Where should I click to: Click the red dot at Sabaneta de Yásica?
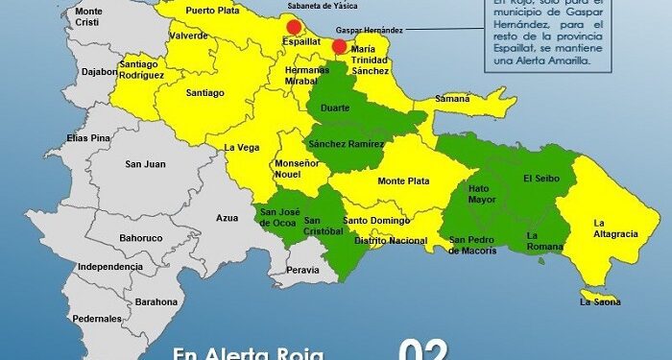(294, 27)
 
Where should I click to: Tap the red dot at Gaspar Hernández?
(339, 46)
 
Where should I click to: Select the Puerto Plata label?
(213, 11)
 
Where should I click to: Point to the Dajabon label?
(99, 71)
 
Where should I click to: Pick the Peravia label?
(303, 271)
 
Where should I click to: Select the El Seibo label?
(540, 179)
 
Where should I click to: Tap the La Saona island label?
(601, 301)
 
